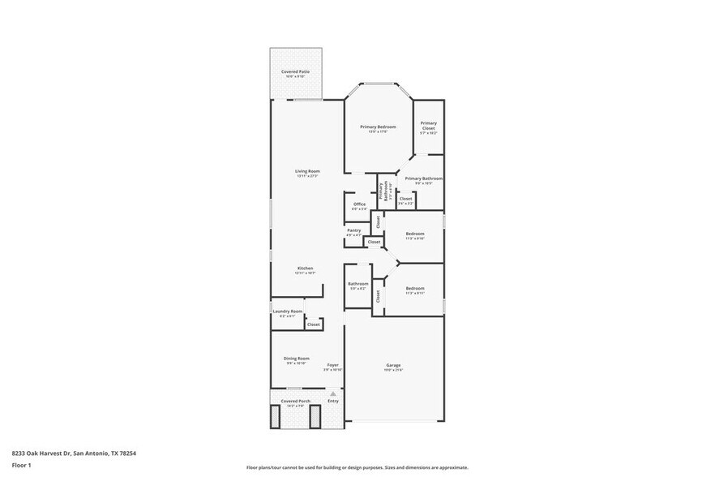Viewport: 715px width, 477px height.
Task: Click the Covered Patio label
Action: pyautogui.click(x=295, y=72)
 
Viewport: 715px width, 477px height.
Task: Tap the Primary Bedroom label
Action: pyautogui.click(x=378, y=127)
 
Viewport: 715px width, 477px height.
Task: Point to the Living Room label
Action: pyautogui.click(x=307, y=171)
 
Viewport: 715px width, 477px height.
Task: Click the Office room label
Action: pyautogui.click(x=359, y=204)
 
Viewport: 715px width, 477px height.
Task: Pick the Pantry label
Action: pyautogui.click(x=353, y=230)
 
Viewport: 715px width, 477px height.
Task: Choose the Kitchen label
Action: pyautogui.click(x=305, y=269)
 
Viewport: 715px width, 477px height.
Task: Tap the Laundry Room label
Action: pyautogui.click(x=287, y=312)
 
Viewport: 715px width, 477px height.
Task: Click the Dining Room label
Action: pyautogui.click(x=297, y=359)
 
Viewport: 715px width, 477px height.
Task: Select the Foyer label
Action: pyautogui.click(x=332, y=366)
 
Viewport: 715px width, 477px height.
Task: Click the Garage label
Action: pyautogui.click(x=393, y=366)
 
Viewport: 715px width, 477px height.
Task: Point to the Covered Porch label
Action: pyautogui.click(x=295, y=402)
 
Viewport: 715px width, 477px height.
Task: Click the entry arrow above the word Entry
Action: pyautogui.click(x=332, y=393)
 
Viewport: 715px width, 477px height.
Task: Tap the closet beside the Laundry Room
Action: pyautogui.click(x=313, y=324)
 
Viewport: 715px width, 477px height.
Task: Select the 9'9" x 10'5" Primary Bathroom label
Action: pyautogui.click(x=423, y=179)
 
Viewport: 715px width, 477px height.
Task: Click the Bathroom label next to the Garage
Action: pyautogui.click(x=358, y=285)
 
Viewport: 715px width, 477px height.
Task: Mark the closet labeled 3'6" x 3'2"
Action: pyautogui.click(x=405, y=200)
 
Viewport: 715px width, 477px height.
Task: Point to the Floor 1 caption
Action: pyautogui.click(x=22, y=465)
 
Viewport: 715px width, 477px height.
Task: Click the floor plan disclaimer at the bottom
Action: pyautogui.click(x=357, y=467)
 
